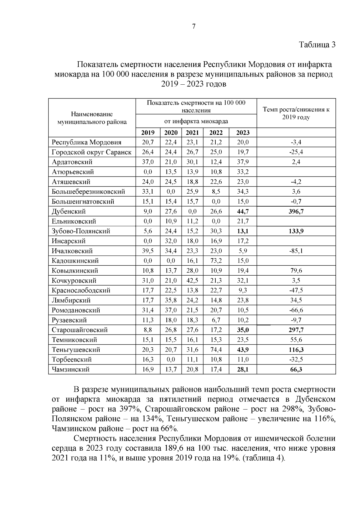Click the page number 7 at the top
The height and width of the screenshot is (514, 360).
point(193,26)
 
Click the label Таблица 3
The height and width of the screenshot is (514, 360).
point(317,45)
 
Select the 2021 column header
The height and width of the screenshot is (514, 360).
point(192,132)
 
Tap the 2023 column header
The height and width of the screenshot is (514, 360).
point(243,132)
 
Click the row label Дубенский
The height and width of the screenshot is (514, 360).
point(69,211)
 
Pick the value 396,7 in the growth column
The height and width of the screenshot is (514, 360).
point(296,211)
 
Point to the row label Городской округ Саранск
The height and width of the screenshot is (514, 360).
point(91,152)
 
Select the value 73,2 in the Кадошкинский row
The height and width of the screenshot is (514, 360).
point(216,261)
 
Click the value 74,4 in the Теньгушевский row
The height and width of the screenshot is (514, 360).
point(216,349)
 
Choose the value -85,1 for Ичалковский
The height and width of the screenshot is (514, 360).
point(296,251)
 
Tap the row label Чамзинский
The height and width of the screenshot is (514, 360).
point(70,369)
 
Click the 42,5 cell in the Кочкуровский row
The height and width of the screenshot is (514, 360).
point(192,280)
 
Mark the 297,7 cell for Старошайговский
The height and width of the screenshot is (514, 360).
point(296,330)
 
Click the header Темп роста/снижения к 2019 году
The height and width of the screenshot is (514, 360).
point(296,113)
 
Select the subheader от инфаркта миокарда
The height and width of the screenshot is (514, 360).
point(196,121)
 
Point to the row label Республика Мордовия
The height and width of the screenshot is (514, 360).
point(86,142)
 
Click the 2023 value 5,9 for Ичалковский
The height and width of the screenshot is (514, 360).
point(243,251)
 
